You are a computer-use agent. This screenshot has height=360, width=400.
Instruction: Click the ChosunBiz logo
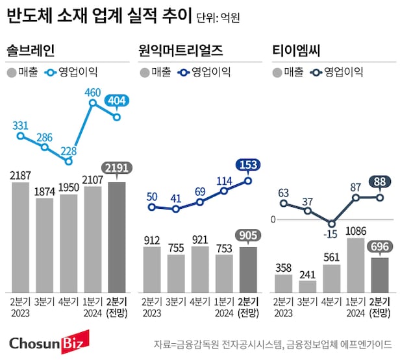pos(48,342)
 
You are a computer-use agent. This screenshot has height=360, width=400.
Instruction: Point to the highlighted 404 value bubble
pos(118,101)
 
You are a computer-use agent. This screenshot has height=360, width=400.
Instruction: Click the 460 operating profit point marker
pos(93,102)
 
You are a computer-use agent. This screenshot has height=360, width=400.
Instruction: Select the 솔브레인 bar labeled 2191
pos(118,237)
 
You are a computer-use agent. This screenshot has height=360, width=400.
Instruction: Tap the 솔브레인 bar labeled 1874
pos(45,245)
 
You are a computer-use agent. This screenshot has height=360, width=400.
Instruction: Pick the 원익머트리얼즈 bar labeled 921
pos(201,269)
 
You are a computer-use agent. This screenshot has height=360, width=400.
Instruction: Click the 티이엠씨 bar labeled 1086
pos(356,265)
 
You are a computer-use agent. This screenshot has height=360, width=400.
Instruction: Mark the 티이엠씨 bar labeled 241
pos(308,285)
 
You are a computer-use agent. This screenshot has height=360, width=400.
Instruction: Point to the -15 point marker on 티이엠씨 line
pos(332,223)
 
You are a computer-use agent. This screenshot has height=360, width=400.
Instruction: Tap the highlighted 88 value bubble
pos(380,182)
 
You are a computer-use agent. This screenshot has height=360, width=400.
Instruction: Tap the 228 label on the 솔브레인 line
pos(69,150)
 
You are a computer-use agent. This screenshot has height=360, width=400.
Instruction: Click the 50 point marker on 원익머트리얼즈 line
pos(152,208)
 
